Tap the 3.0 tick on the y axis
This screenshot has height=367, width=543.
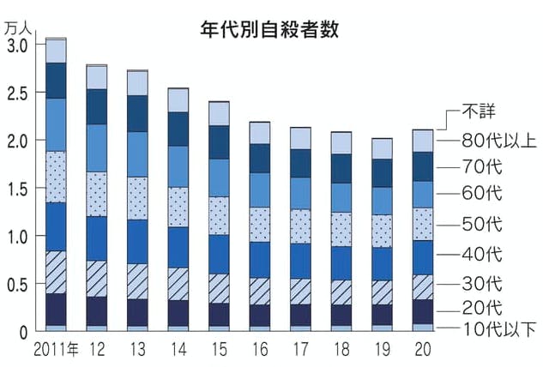(19, 44)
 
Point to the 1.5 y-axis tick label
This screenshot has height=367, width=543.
(19, 188)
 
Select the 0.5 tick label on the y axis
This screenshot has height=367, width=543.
(19, 284)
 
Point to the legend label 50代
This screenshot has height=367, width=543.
(481, 226)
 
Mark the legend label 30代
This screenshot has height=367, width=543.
(481, 284)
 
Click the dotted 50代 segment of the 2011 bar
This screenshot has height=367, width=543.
(56, 177)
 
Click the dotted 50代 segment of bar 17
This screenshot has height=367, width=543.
(300, 226)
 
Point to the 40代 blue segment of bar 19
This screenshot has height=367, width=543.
(381, 263)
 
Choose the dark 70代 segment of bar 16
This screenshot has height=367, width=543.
(259, 158)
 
